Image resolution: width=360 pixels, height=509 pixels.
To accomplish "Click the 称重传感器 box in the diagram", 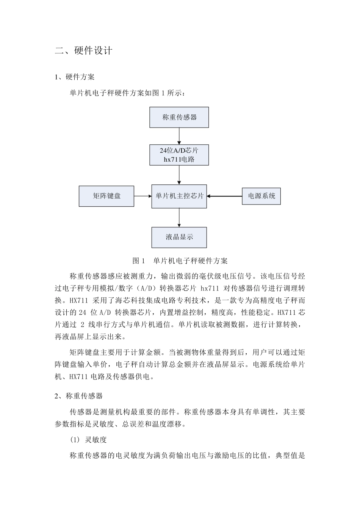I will point(179,117).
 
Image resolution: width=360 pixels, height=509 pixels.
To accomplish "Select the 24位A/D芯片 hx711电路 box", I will point(179,155).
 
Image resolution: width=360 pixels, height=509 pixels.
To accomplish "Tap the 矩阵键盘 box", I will point(106,196).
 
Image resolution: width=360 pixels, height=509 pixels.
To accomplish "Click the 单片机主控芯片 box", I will point(179,196).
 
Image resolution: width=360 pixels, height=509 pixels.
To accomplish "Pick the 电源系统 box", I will point(261,196).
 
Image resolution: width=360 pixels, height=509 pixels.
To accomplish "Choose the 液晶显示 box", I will point(179,237).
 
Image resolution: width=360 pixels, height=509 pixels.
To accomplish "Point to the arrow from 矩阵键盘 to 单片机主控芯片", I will point(143,196).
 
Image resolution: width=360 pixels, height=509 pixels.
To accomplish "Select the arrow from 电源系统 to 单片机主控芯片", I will point(224,196).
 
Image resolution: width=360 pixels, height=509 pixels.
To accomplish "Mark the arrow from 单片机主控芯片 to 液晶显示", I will point(179,217).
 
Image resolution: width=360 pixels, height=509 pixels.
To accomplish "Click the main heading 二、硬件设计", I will point(84,51).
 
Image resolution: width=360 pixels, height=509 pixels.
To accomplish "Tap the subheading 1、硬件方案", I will point(75,77).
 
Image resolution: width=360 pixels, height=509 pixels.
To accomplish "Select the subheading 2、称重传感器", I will point(79,396).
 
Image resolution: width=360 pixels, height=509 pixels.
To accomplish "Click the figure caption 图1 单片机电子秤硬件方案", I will point(180,261).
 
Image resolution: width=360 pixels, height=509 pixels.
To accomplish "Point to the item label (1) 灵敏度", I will point(88,440).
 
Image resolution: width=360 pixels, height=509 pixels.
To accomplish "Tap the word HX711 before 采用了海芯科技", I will point(79,301).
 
